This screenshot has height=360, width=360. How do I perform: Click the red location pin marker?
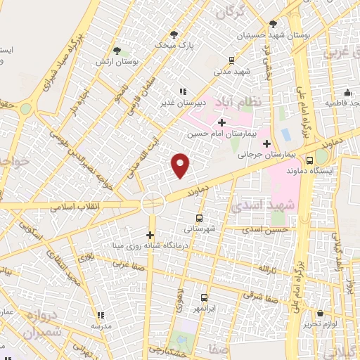pyautogui.click(x=181, y=165)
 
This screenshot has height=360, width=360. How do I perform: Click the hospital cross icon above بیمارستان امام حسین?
pyautogui.click(x=221, y=122)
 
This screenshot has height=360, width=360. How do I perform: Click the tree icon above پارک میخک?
pyautogui.click(x=174, y=34)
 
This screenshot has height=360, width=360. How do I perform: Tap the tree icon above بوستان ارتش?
pyautogui.click(x=117, y=51)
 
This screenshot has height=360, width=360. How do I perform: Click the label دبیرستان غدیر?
pyautogui.click(x=182, y=101)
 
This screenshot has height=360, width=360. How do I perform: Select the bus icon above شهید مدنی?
pyautogui.click(x=233, y=61)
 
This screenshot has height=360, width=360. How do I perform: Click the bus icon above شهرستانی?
pyautogui.click(x=199, y=218)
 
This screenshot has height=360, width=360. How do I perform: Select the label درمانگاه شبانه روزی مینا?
pyautogui.click(x=146, y=245)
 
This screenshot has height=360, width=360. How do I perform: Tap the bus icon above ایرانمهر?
pyautogui.click(x=205, y=297)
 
